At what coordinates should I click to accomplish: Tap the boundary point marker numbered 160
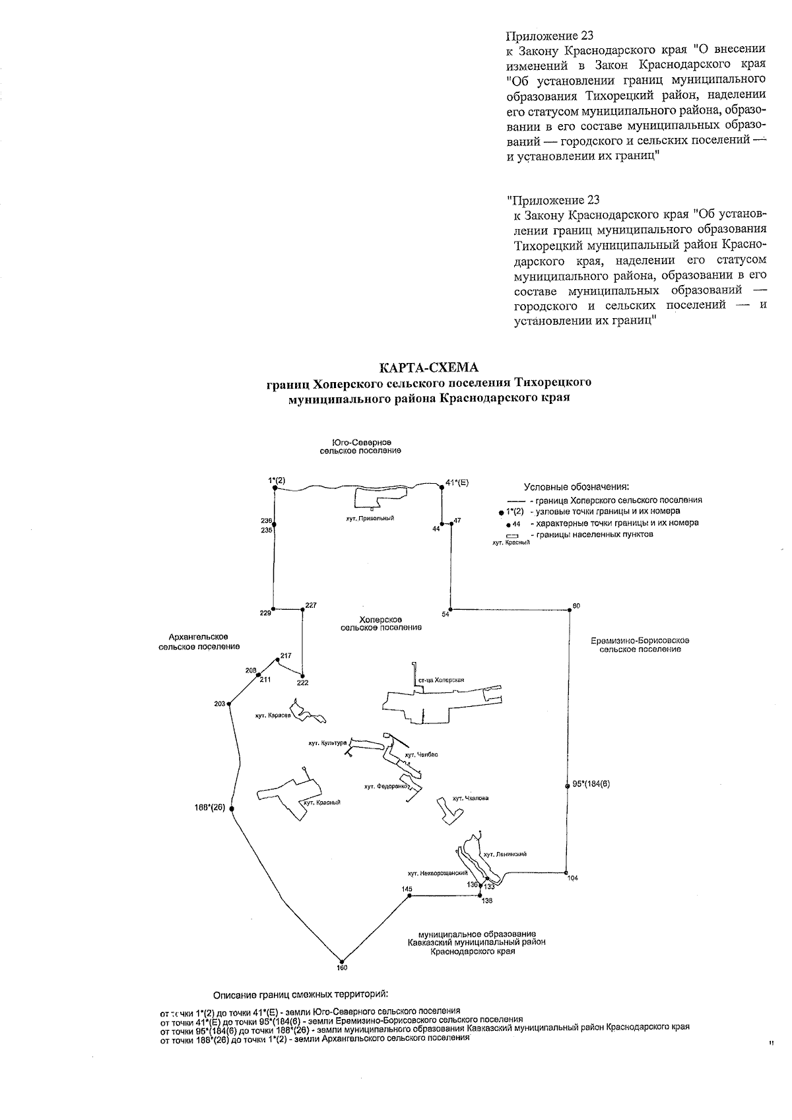pyautogui.click(x=341, y=960)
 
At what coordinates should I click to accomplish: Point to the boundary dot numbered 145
pyautogui.click(x=407, y=896)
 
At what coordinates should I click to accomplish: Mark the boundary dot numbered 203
pyautogui.click(x=229, y=704)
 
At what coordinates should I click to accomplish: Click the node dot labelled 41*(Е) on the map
pyautogui.click(x=441, y=487)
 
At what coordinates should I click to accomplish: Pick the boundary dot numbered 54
pyautogui.click(x=450, y=609)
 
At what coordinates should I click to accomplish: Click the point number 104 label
pyautogui.click(x=572, y=878)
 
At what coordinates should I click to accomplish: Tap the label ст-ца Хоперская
pyautogui.click(x=442, y=680)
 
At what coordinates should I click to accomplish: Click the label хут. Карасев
pyautogui.click(x=273, y=715)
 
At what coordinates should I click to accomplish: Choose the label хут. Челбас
pyautogui.click(x=422, y=754)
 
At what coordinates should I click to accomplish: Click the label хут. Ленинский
pyautogui.click(x=505, y=854)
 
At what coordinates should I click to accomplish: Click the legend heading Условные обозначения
pyautogui.click(x=576, y=487)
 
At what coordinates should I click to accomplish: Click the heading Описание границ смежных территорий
pyautogui.click(x=300, y=995)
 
